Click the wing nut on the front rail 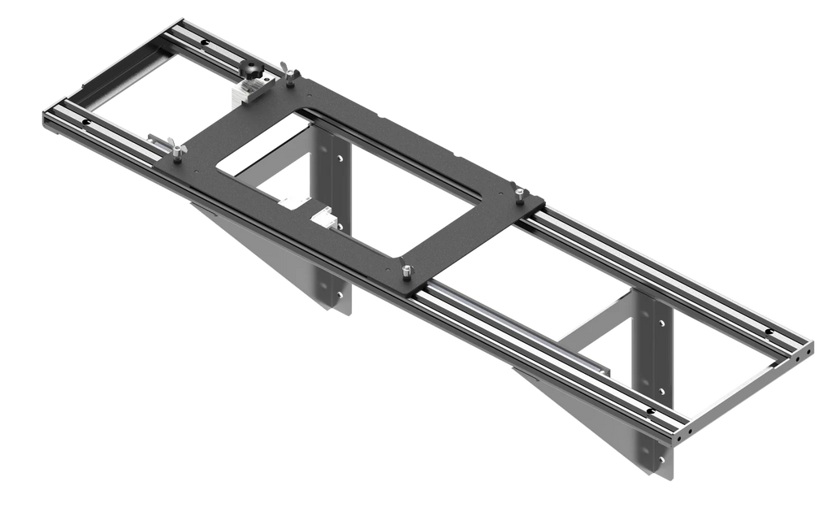point(175,146)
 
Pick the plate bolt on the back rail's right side point(518,193)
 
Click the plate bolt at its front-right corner point(404,271)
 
